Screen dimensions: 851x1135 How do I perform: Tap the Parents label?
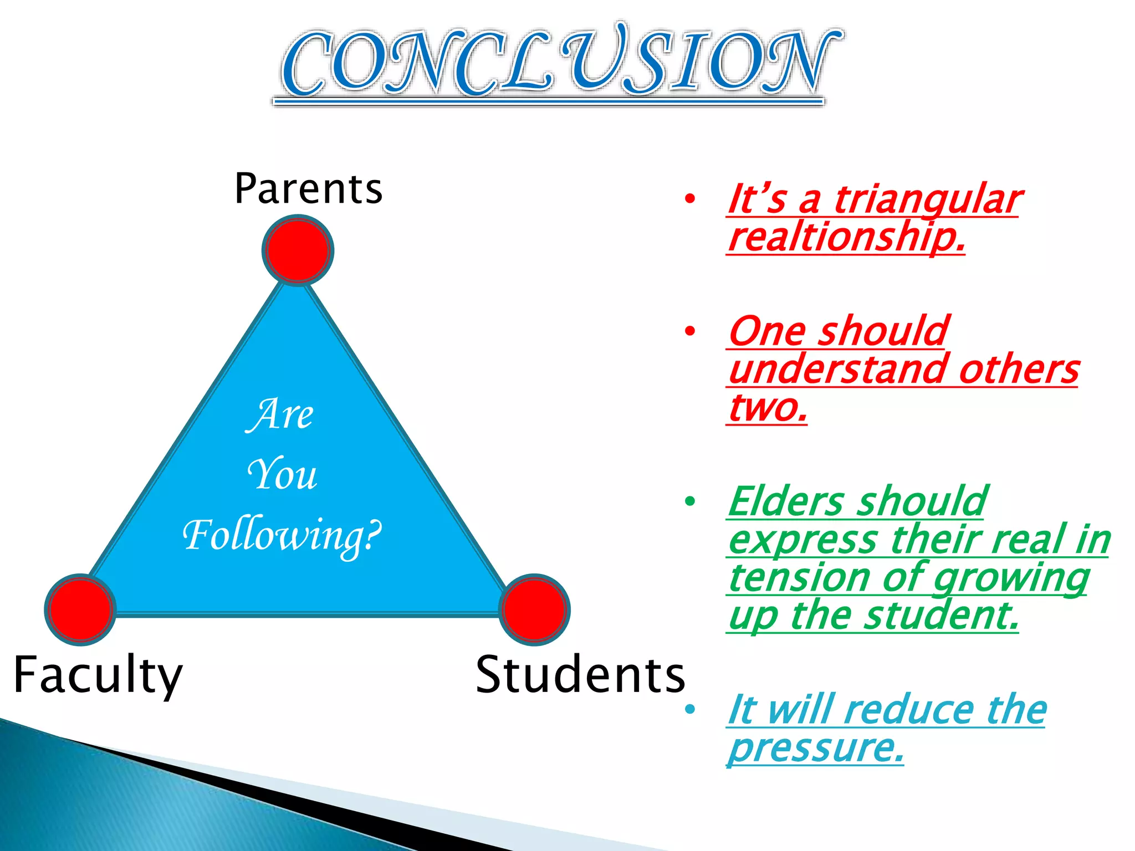click(x=308, y=189)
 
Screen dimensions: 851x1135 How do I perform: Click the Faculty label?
click(x=98, y=675)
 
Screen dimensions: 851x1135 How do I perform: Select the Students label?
click(x=580, y=675)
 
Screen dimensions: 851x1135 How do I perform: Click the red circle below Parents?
click(x=298, y=250)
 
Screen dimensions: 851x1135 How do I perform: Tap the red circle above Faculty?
click(x=80, y=609)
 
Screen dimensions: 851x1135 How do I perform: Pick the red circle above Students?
click(x=534, y=609)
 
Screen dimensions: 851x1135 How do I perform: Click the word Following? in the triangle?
click(x=282, y=536)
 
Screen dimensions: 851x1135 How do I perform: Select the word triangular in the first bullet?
click(x=927, y=199)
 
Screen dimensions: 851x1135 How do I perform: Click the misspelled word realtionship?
click(x=846, y=237)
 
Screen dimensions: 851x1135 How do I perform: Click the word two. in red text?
click(x=767, y=408)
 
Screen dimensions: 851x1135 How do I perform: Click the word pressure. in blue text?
click(x=816, y=748)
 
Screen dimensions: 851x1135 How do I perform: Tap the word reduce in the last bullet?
click(x=912, y=710)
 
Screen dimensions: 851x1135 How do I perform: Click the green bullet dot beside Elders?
click(x=689, y=501)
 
